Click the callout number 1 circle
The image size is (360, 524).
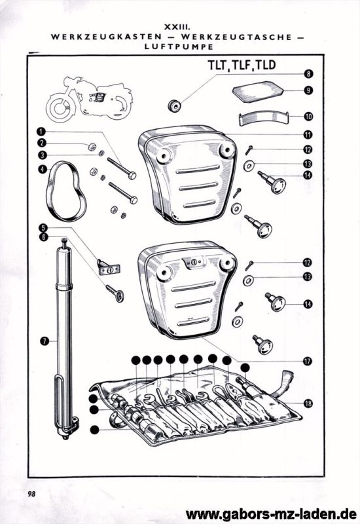tap(41, 131)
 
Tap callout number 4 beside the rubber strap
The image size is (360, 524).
tap(42, 168)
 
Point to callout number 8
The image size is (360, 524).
tap(308, 75)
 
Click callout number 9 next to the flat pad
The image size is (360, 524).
tap(308, 90)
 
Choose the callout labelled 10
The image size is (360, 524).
tap(308, 117)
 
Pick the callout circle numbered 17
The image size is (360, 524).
tap(308, 360)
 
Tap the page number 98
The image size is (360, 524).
tap(31, 493)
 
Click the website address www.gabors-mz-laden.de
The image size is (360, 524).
tap(272, 514)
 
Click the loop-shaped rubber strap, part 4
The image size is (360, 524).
tap(66, 190)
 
